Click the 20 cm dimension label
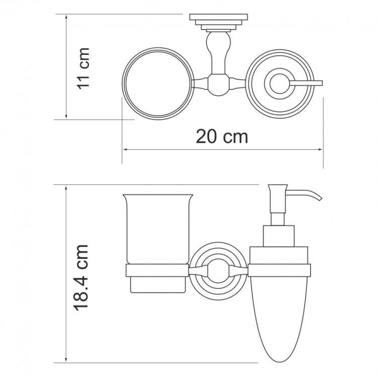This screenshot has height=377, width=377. click(x=222, y=136)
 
